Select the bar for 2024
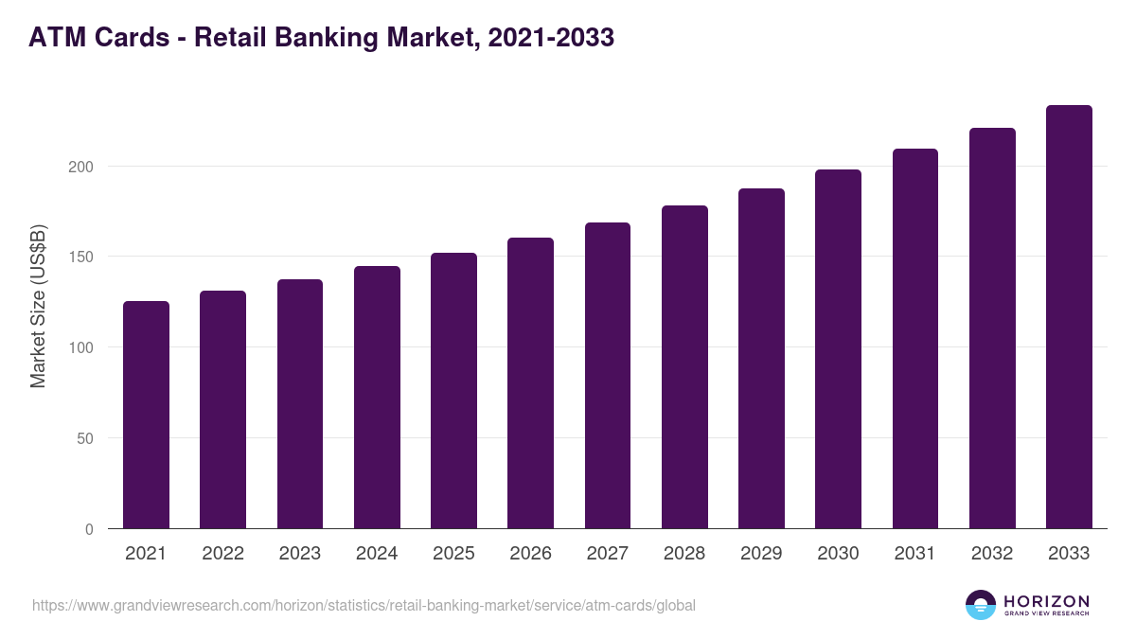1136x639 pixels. point(377,398)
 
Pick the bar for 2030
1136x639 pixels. point(838,349)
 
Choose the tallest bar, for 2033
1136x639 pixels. point(1069,317)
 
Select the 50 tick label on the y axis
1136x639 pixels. point(87,438)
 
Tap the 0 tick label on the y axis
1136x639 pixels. point(90,529)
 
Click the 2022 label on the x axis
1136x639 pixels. point(222,554)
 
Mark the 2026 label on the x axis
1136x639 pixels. point(530,554)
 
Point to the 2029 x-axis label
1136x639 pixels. point(761,554)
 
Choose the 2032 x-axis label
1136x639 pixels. point(992,554)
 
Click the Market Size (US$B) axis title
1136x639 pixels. point(38,305)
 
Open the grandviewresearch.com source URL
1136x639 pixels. point(364,605)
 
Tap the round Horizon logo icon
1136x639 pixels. point(981,605)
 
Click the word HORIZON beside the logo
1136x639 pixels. point(1046,600)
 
